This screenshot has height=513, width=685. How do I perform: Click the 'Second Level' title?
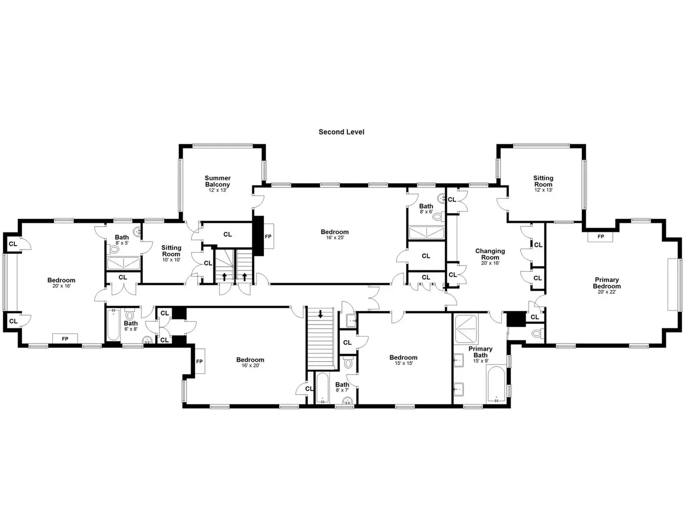pos(341,132)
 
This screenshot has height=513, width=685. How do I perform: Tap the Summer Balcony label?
pos(217,181)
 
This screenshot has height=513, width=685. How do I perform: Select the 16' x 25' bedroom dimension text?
pos(335,238)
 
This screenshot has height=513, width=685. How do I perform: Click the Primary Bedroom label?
pos(607,283)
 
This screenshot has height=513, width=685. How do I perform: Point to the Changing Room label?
pos(490,254)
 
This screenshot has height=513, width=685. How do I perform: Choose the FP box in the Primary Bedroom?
pos(600,237)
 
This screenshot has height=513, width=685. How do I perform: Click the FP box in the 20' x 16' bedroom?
pos(65,339)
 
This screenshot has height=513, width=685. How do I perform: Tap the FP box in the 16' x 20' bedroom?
pos(200,361)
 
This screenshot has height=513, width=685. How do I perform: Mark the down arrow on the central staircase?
pos(321,314)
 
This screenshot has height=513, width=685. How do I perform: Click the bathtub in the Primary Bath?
pos(496,385)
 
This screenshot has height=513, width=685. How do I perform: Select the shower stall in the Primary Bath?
pos(466,329)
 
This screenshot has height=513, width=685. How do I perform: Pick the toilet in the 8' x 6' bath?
pos(439,216)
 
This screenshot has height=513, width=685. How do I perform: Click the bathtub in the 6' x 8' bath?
pos(113,324)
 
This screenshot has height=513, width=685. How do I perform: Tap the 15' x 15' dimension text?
pos(403,363)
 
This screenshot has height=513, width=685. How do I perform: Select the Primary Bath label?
pos(480,352)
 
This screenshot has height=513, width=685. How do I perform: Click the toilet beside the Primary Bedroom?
pos(537,333)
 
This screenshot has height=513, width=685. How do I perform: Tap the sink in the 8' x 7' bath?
pos(348,401)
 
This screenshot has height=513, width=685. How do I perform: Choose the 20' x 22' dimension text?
pos(607,292)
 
